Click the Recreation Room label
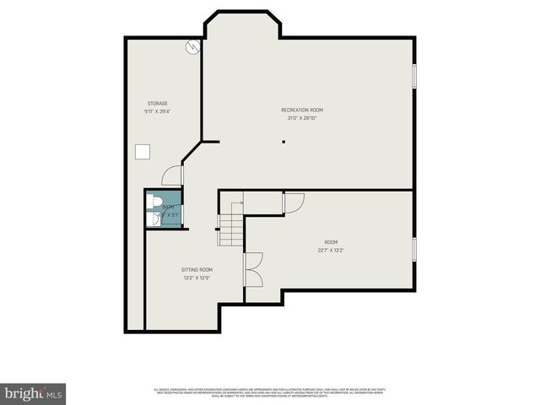click(x=302, y=111)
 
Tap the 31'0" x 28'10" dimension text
click(x=302, y=118)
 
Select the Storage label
click(x=157, y=104)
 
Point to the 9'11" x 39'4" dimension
click(x=157, y=111)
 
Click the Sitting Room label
click(x=197, y=270)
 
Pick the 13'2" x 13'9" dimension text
click(x=197, y=278)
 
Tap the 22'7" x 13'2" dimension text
click(x=331, y=249)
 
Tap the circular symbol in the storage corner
click(x=193, y=47)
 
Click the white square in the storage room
click(x=144, y=152)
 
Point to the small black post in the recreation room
click(x=284, y=141)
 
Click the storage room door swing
click(x=172, y=175)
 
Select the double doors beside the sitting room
click(x=252, y=270)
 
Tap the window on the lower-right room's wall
click(x=413, y=249)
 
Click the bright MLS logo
click(x=34, y=393)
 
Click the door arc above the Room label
click(x=293, y=202)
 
